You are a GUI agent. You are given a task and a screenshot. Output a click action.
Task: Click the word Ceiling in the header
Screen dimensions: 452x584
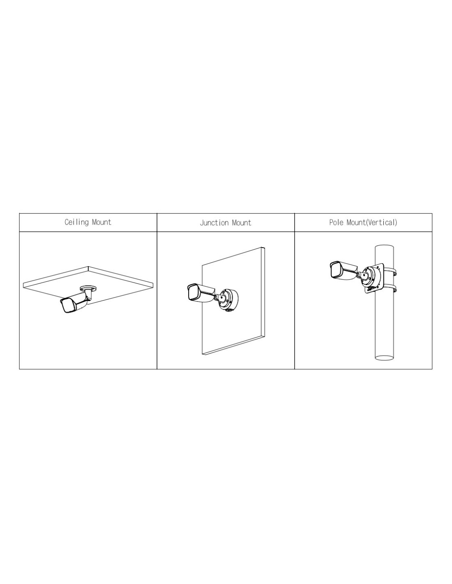pos(76,222)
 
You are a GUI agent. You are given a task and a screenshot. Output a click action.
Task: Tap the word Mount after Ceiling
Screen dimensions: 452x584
pos(101,222)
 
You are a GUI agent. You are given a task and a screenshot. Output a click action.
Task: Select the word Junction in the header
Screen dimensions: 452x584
pos(214,223)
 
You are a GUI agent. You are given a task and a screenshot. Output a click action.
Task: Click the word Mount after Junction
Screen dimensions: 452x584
pos(242,223)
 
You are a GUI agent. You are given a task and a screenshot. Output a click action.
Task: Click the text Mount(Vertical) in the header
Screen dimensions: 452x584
pos(371,223)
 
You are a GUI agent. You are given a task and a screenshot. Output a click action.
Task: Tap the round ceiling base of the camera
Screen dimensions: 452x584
pos(88,289)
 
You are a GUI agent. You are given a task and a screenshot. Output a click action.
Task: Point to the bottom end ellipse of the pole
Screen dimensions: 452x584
pos(385,358)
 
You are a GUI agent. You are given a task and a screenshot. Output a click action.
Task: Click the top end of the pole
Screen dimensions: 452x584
pos(385,247)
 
